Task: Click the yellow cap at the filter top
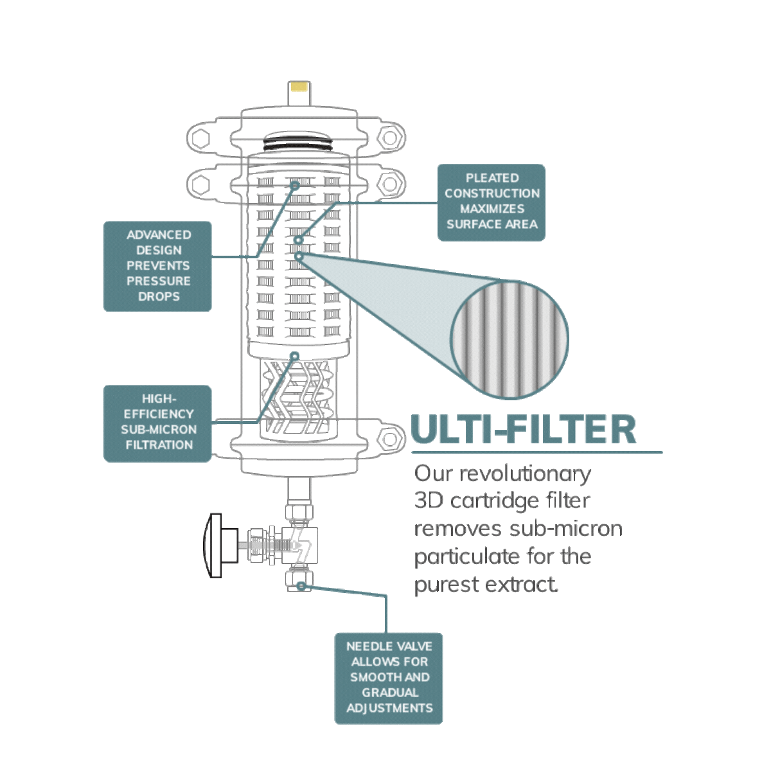point(300,86)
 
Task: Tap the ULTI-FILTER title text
point(524,429)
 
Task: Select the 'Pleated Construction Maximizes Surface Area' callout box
point(492,202)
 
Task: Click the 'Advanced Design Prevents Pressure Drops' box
point(157,266)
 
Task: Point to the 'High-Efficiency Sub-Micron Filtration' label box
point(157,423)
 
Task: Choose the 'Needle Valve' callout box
point(389,678)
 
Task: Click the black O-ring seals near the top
point(298,145)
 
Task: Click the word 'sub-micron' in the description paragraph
point(566,529)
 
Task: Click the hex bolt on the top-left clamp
point(200,138)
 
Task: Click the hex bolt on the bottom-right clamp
point(390,439)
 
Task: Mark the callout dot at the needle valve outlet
point(301,586)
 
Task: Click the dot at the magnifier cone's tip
point(299,256)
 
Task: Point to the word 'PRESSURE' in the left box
point(159,281)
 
